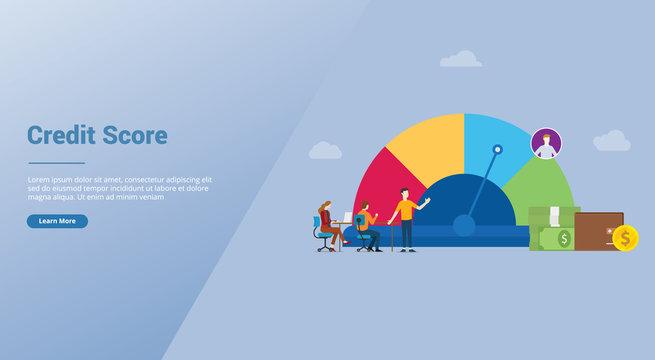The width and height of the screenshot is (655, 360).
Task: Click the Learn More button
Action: [57, 221]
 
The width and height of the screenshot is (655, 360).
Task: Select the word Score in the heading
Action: [134, 136]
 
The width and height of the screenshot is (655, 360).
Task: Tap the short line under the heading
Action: [56, 162]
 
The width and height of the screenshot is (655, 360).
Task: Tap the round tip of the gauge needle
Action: [497, 150]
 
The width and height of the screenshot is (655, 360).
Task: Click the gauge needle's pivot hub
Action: [464, 225]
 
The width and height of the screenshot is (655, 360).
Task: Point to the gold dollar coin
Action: [626, 238]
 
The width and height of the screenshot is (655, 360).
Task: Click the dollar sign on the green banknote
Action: [564, 239]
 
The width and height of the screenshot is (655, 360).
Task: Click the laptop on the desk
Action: [347, 217]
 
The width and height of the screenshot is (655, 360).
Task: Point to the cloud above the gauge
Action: [461, 60]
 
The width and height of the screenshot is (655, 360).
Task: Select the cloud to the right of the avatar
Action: [611, 141]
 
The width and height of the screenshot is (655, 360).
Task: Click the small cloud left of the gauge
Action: [325, 151]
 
